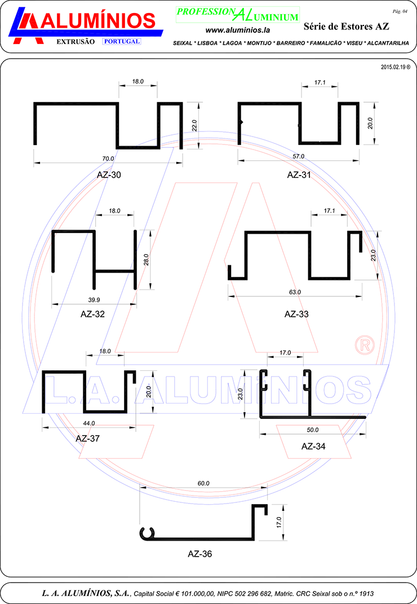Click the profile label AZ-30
click(109, 175)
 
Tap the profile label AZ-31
click(299, 175)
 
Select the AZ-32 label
click(93, 314)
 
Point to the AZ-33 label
click(296, 314)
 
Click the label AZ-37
click(88, 439)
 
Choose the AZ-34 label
click(313, 447)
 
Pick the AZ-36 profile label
click(200, 554)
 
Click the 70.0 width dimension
click(108, 159)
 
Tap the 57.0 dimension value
click(299, 156)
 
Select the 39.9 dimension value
click(94, 300)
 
